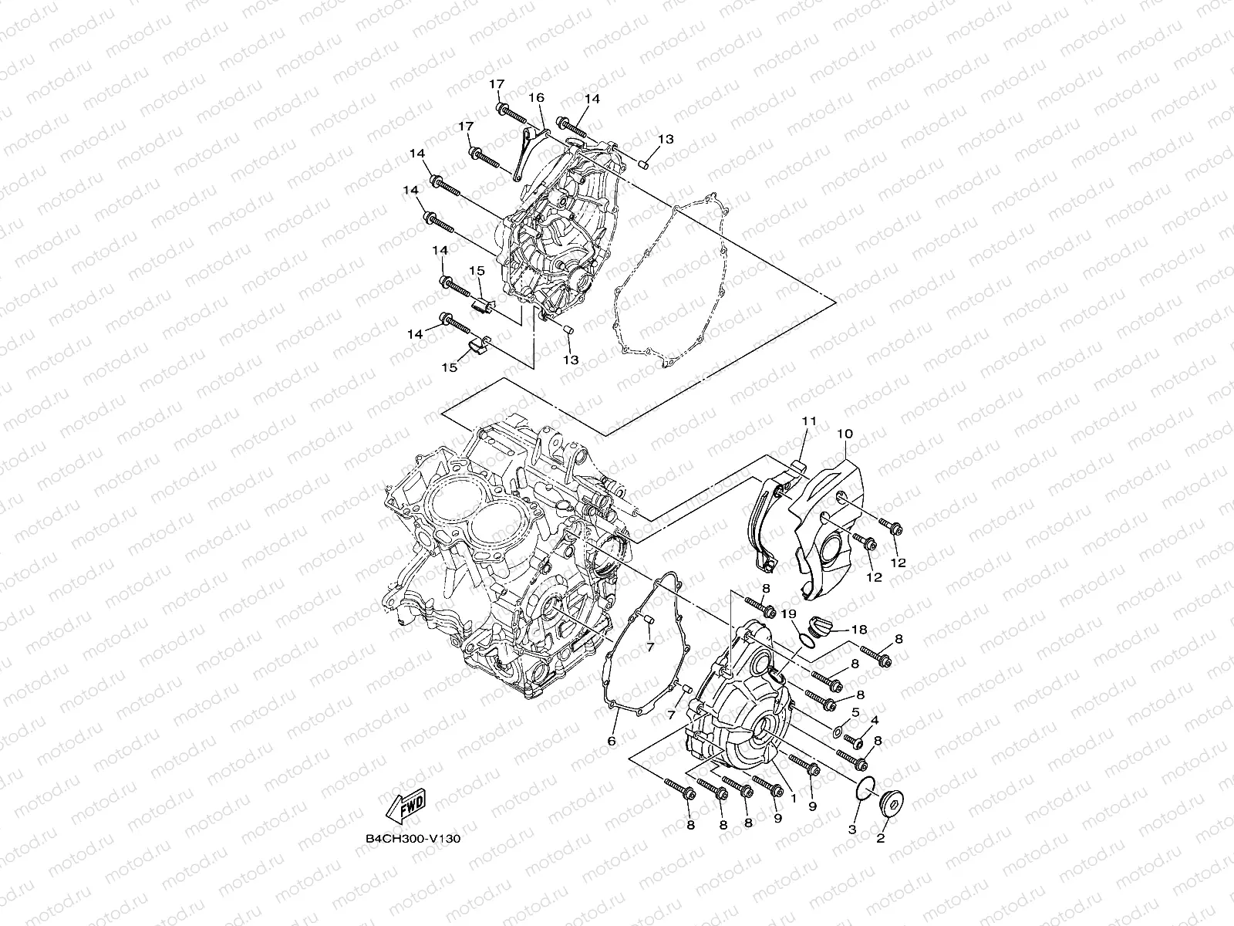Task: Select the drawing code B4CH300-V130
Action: tap(414, 838)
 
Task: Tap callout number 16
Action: tap(536, 98)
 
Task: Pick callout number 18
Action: tap(860, 630)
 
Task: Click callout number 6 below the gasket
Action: tap(612, 741)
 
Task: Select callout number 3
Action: tap(852, 830)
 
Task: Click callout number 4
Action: tap(874, 720)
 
